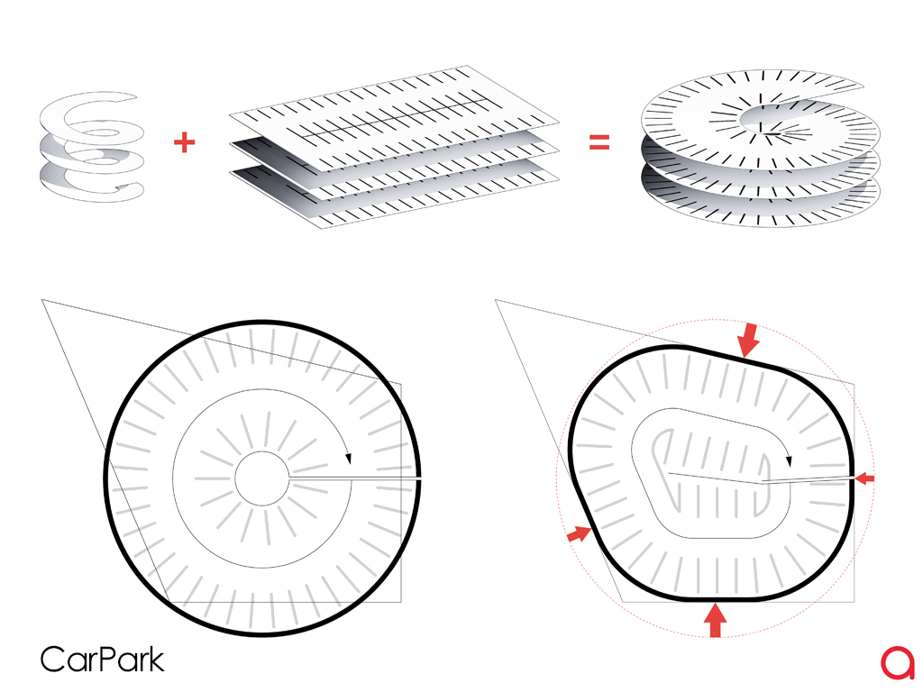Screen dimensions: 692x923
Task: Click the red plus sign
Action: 184,142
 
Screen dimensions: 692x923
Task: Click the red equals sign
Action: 599,142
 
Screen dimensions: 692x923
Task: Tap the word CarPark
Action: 102,659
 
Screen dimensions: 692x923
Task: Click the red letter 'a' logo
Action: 898,662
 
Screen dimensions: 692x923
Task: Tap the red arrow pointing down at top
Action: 748,341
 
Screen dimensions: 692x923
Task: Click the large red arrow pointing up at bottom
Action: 715,620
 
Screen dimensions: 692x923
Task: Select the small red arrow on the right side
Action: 864,478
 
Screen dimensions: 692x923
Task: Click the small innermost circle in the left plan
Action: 261,478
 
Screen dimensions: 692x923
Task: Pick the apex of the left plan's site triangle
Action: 41,302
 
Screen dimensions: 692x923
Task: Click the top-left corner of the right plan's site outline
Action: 496,300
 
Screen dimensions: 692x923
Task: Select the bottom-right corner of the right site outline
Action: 854,600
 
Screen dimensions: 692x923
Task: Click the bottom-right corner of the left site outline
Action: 400,601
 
